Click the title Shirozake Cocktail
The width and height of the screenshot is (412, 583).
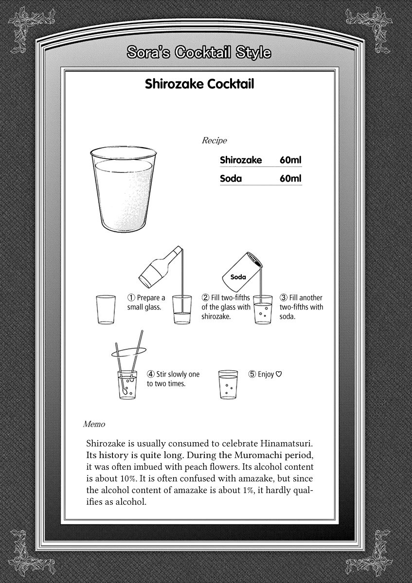click(199, 84)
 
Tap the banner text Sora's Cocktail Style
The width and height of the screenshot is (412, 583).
click(198, 52)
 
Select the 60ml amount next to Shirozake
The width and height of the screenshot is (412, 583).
click(290, 160)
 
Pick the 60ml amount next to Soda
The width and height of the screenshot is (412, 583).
click(290, 178)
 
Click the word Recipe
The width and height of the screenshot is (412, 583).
click(214, 141)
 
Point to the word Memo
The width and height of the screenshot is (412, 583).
click(94, 424)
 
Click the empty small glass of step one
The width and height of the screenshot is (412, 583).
click(106, 309)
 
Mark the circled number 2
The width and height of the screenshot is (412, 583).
click(206, 298)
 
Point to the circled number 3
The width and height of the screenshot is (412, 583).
click(284, 298)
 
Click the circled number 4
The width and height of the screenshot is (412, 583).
click(151, 374)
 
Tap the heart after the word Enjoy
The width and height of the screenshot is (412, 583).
click(279, 374)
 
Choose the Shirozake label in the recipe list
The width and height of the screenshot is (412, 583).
click(241, 160)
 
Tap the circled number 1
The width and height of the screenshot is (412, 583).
click(131, 298)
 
